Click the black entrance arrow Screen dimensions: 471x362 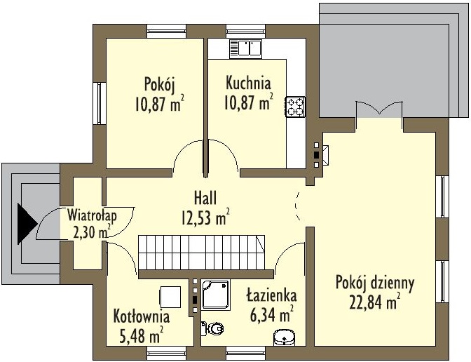coord(27,223)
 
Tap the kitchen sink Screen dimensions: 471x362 coord(246,48)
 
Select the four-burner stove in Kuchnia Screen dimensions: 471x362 coord(295,107)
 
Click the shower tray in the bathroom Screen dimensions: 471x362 coord(216,295)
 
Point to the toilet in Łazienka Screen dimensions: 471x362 coord(212,328)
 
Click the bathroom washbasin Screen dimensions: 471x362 coord(284,337)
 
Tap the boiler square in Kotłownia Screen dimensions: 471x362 coord(170,297)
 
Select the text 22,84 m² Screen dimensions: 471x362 coord(374,302)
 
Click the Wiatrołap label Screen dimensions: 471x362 coord(92,215)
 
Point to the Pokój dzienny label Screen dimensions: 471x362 coord(375,283)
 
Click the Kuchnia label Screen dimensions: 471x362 coord(248,83)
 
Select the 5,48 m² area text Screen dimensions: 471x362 coord(141,335)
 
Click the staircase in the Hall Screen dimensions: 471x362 coord(202,253)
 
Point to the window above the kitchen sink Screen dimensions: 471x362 coord(246,32)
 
